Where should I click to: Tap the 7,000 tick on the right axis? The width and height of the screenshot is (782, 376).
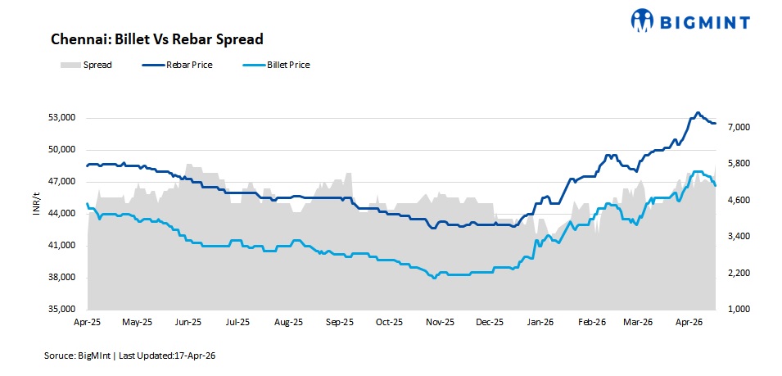point(738,128)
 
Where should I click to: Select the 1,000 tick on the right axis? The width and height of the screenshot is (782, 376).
point(738,310)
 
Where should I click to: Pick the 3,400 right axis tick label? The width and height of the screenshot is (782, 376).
point(738,237)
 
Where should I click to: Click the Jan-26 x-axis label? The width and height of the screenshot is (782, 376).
point(540,323)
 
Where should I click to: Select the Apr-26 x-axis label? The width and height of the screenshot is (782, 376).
point(689,323)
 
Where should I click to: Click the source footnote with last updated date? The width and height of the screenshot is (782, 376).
point(129,356)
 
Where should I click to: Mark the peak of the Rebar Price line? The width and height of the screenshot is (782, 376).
point(698,113)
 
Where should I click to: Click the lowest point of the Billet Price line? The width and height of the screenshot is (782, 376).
point(434,279)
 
